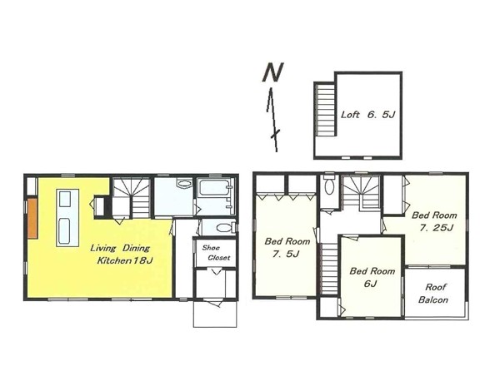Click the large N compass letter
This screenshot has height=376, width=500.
273,72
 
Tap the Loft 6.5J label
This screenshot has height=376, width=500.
368,115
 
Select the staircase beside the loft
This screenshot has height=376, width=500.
325,109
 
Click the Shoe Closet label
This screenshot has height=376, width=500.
216,253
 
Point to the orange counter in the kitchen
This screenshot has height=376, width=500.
32,218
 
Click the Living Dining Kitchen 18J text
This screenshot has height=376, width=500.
122,254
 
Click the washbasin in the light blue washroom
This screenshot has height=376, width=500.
183,184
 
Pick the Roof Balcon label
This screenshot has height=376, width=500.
433,294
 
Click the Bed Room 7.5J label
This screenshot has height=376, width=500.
287,247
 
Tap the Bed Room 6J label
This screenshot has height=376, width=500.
372,277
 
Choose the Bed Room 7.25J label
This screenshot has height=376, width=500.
434,221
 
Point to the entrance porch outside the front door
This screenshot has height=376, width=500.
215,314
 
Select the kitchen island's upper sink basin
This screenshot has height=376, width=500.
65,199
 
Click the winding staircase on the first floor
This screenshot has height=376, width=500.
131,197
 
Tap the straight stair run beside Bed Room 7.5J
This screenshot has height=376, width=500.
329,269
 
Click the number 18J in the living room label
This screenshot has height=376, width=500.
143,260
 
